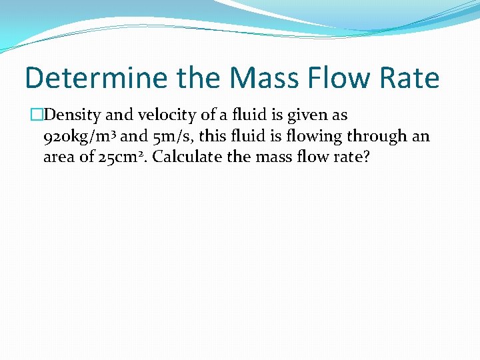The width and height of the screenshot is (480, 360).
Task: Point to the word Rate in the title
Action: pyautogui.click(x=411, y=78)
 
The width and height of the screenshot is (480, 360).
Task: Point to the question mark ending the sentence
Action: pyautogui.click(x=365, y=158)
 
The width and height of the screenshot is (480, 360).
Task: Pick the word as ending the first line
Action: pyautogui.click(x=339, y=115)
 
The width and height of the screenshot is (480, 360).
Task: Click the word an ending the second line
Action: pyautogui.click(x=421, y=137)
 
